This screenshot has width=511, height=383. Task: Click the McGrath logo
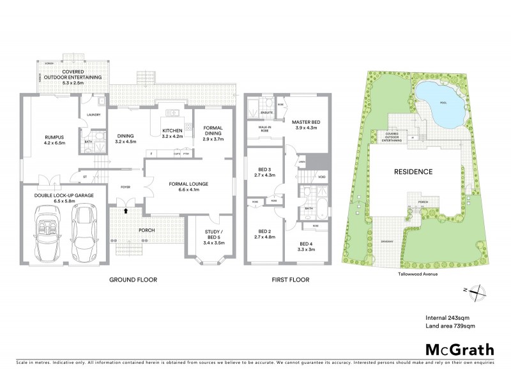(459, 349)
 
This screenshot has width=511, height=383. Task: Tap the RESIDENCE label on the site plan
(413, 172)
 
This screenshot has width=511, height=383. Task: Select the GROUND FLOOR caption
(133, 280)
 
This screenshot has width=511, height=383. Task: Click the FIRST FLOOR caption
(290, 280)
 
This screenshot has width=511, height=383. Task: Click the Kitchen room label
(172, 130)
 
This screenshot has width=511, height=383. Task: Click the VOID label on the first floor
(322, 176)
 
